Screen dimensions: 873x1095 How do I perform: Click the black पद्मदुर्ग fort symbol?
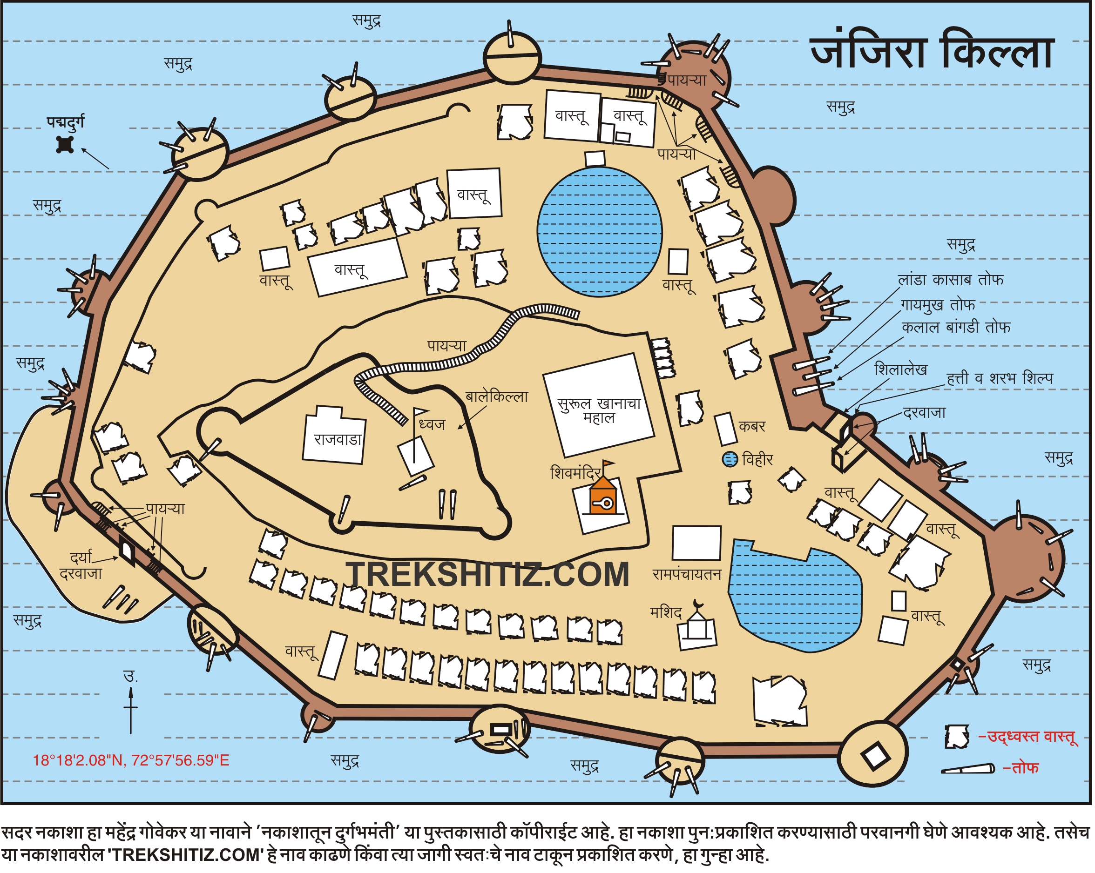pyautogui.click(x=65, y=145)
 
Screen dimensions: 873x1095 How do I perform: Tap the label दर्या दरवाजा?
pyautogui.click(x=81, y=566)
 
